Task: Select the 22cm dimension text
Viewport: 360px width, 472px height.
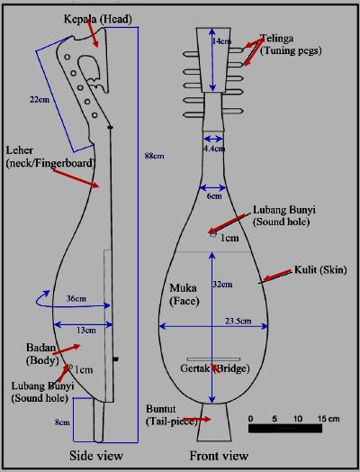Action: click(x=39, y=100)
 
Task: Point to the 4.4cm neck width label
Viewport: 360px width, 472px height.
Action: click(x=213, y=149)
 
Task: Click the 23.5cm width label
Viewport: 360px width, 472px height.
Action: click(x=238, y=320)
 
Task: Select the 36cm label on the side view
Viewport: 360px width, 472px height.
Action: click(x=76, y=298)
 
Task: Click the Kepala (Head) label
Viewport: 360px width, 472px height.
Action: click(x=95, y=19)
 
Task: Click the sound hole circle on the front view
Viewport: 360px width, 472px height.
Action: click(x=213, y=234)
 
